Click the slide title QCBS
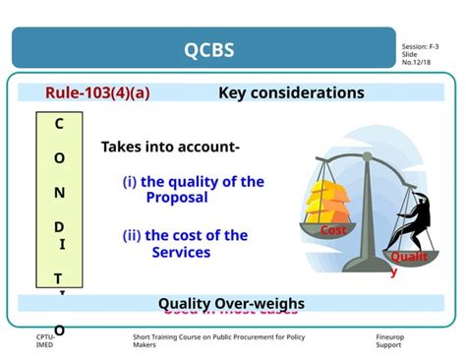[x=208, y=49]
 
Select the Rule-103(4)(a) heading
[x=97, y=93]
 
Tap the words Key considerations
[x=291, y=93]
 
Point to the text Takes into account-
[x=170, y=148]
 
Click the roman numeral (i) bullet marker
[x=129, y=182]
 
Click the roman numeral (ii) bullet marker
[x=131, y=236]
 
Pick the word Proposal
[x=177, y=198]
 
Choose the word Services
[x=181, y=253]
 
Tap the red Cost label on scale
[x=332, y=230]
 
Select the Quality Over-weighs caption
[x=231, y=303]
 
